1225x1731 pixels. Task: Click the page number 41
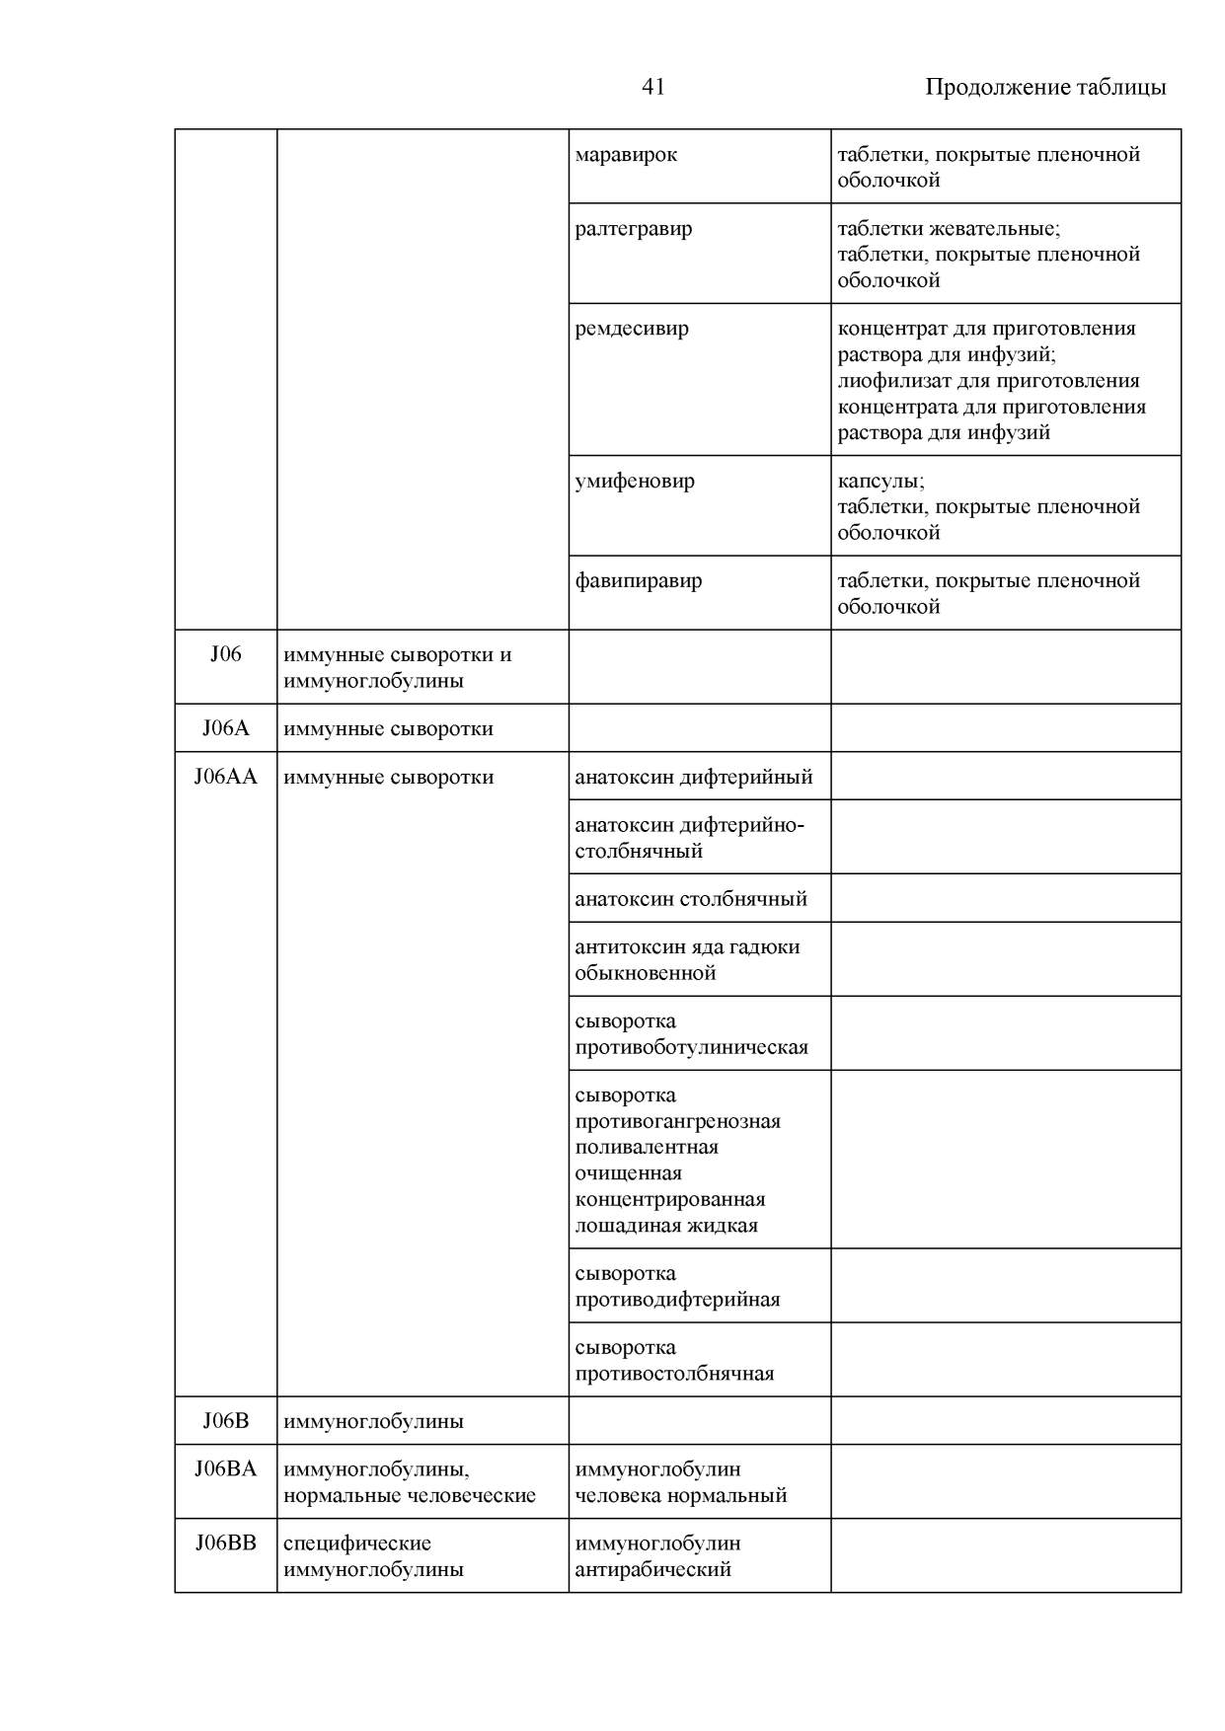coord(652,87)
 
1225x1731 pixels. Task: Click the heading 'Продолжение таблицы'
coord(1044,87)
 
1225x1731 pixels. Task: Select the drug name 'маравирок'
coord(626,155)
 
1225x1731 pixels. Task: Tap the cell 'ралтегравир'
coord(634,229)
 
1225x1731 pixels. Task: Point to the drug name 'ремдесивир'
coord(632,329)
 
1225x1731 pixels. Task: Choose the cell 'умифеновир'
coord(635,482)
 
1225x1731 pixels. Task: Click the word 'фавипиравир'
coord(639,580)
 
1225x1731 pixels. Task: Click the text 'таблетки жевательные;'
coord(949,229)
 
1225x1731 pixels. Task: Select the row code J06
coord(225,654)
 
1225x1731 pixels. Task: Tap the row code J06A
coord(225,728)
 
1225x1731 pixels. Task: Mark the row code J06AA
coord(225,777)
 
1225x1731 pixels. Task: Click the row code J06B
coord(225,1421)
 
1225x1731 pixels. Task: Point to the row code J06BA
coord(225,1468)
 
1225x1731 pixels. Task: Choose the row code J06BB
coord(225,1543)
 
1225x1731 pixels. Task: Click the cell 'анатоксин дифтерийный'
coord(694,777)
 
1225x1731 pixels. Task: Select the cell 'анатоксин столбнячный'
coord(691,899)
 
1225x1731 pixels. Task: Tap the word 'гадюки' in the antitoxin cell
coord(766,947)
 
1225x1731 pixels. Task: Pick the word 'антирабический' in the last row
coord(652,1569)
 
